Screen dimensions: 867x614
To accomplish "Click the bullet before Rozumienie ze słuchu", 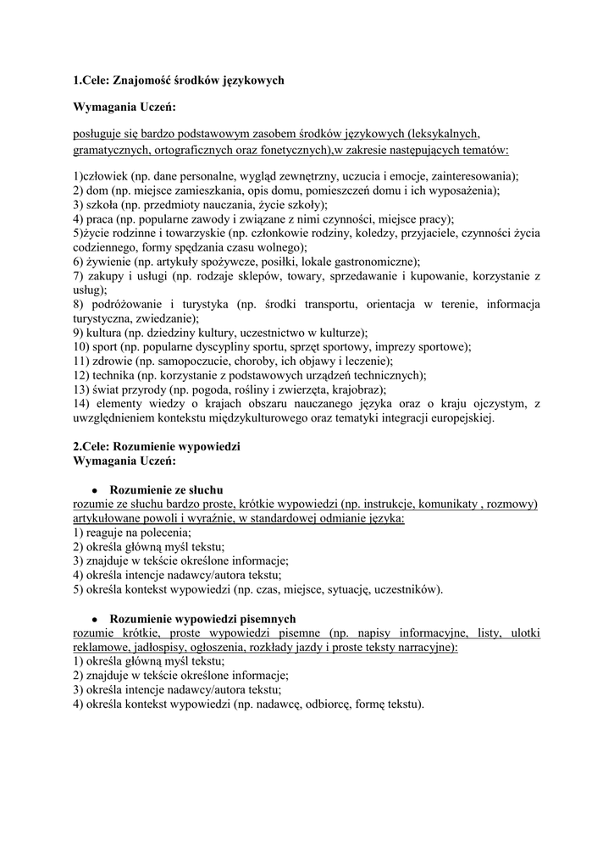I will pos(97,491).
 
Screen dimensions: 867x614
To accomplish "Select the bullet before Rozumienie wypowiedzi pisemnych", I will pos(97,620).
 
